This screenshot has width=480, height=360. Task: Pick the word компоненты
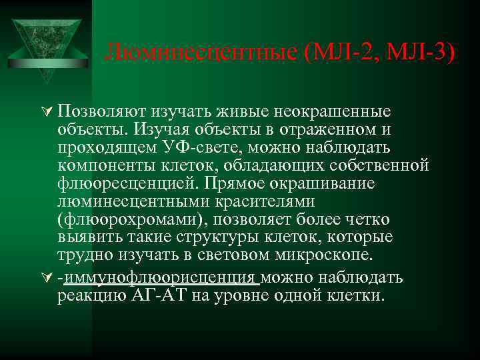(108, 165)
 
